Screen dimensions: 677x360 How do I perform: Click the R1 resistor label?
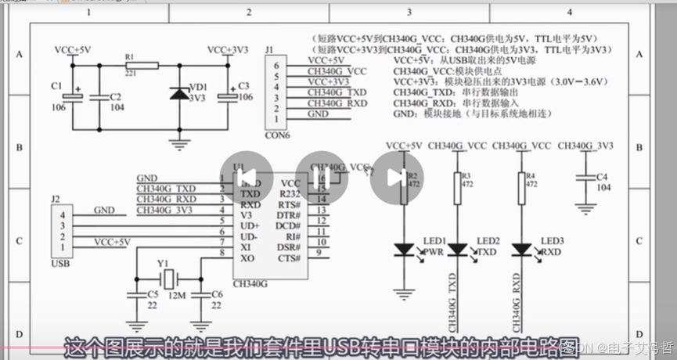coord(130,57)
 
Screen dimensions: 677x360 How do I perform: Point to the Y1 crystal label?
coord(163,263)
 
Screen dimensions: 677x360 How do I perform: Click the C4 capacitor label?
coord(601,177)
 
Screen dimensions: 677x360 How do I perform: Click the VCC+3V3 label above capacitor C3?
coord(228,49)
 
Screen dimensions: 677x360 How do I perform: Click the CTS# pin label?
coord(290,257)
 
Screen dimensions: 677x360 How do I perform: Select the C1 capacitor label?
coord(56,85)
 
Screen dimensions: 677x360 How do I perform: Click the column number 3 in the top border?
coord(409,13)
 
